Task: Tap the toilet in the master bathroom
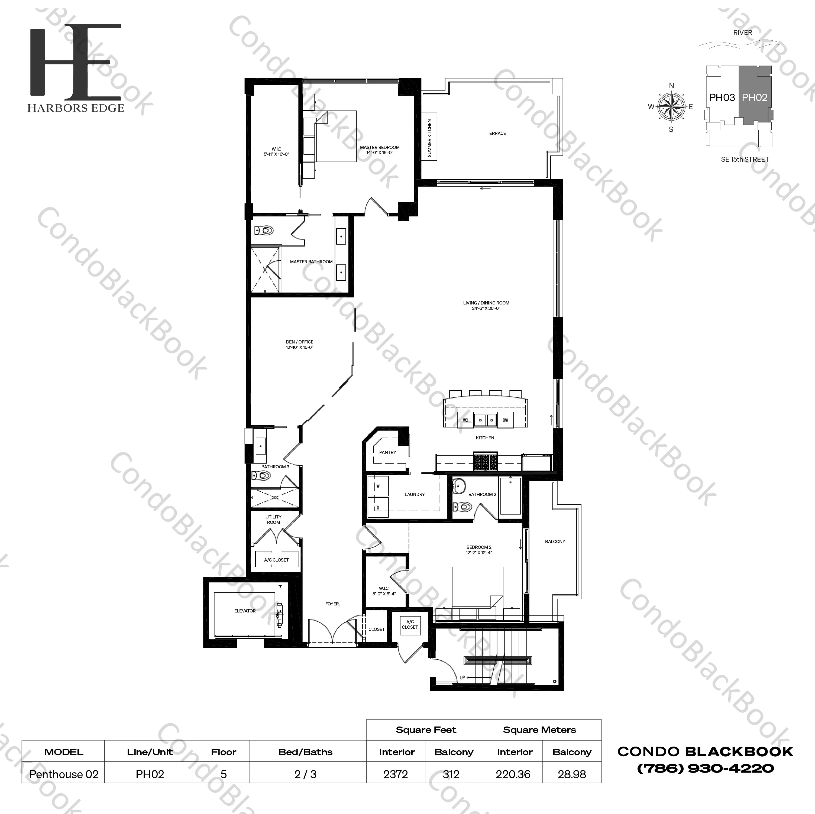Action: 264,230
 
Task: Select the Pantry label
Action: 388,452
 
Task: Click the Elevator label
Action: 245,611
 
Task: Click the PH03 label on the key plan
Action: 722,98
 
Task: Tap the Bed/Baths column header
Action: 305,752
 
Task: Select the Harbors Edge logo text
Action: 76,108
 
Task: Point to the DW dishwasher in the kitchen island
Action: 505,420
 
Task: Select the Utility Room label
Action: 273,519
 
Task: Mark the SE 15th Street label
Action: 745,160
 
